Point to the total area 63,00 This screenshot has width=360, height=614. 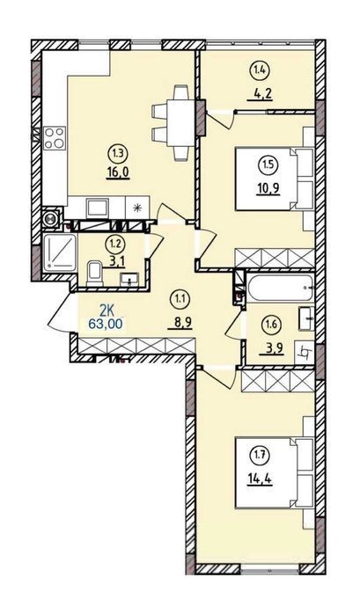[x=107, y=324]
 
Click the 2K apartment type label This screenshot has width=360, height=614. [x=107, y=311]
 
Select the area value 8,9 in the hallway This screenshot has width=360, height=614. [x=180, y=322]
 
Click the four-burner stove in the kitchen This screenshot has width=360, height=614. [x=55, y=138]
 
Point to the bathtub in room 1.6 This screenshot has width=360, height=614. [x=281, y=288]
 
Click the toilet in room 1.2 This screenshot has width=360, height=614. [x=94, y=274]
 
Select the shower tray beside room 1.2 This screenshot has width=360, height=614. [x=61, y=253]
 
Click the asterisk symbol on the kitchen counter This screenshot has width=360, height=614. [x=137, y=208]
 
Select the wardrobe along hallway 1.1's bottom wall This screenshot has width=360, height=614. [x=136, y=346]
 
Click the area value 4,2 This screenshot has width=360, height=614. [x=260, y=95]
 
